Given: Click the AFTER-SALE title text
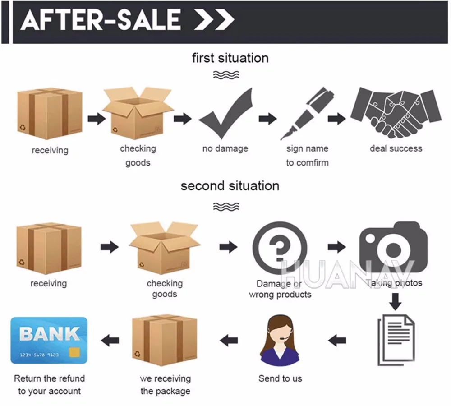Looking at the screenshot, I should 100,20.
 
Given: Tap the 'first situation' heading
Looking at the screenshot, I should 230,58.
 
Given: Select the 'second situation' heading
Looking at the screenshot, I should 230,186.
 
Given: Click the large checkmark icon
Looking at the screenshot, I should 225,115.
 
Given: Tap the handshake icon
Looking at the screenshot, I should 396,113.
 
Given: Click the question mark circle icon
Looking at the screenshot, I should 280,248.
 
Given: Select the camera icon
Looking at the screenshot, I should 393,246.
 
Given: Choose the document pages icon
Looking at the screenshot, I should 396,338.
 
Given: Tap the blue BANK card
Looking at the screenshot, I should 49,340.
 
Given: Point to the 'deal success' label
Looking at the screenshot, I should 396,148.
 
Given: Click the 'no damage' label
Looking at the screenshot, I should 225,148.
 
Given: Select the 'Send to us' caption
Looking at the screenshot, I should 280,378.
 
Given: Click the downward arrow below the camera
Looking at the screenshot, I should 396,301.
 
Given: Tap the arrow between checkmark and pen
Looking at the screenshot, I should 267,119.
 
